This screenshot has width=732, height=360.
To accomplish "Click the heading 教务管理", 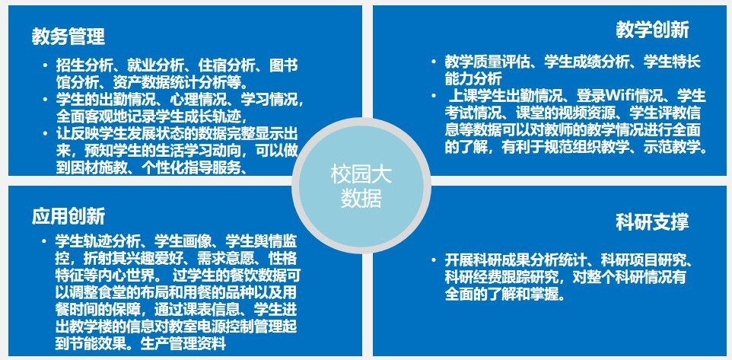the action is [x=68, y=37].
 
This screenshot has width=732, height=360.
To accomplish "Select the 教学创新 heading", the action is [x=652, y=30].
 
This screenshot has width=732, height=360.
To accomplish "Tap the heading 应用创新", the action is [x=68, y=216].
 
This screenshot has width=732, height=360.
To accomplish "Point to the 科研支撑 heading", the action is [x=652, y=221].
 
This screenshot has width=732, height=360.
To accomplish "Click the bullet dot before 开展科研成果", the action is [x=434, y=260].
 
